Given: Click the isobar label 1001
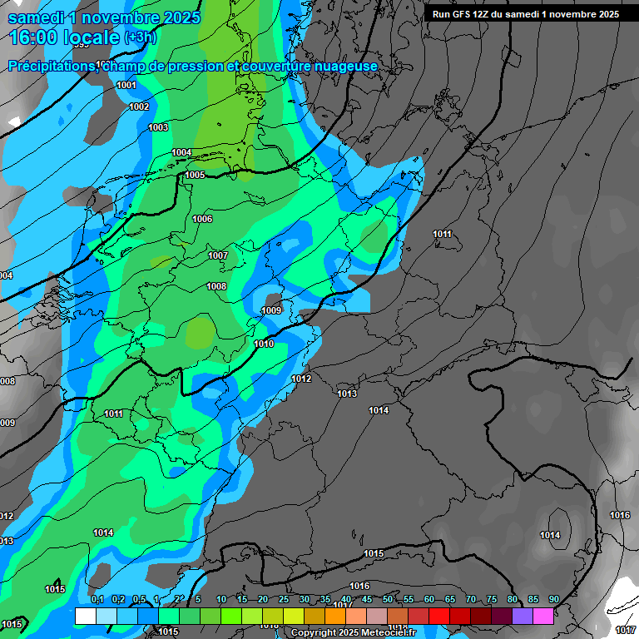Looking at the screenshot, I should [126, 86].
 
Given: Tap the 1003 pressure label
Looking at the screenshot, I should [158, 127].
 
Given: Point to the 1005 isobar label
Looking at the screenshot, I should [195, 175].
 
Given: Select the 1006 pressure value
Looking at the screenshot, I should [202, 219].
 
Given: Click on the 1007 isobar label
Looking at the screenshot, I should [218, 255].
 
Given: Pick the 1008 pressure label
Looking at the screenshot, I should [216, 286].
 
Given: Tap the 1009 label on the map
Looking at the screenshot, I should [271, 310].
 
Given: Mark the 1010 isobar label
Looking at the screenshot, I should [264, 344].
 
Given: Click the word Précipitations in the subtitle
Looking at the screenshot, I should [51, 67].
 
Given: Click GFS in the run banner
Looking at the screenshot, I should [463, 14].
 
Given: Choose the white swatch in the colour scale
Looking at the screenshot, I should [85, 616].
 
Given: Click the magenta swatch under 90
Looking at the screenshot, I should [543, 616].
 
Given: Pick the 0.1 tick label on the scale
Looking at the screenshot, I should [97, 599].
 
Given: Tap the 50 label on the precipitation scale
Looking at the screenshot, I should [388, 599].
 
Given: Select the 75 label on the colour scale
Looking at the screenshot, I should [492, 599].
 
